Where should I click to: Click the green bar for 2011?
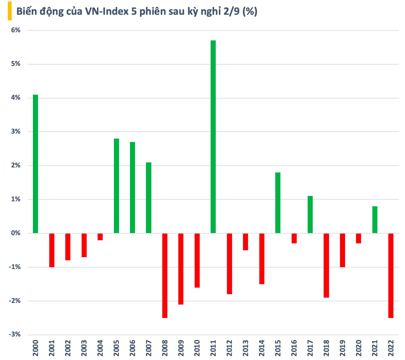tap(213, 137)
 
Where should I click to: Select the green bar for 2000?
tap(35, 164)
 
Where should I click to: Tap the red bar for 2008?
tap(165, 275)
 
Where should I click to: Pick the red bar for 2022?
tap(391, 275)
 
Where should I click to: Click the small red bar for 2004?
tap(100, 237)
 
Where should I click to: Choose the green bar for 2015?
tap(278, 203)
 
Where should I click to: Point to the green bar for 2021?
tap(375, 220)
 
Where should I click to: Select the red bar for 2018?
tap(326, 265)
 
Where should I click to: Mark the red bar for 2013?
tap(246, 242)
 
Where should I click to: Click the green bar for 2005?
tap(116, 186)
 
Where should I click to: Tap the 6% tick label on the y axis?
tap(16, 30)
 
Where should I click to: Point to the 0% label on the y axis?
tap(16, 233)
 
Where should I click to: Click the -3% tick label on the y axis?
tap(15, 335)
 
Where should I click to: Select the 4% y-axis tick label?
tap(16, 98)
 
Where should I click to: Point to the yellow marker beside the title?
tap(9, 11)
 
